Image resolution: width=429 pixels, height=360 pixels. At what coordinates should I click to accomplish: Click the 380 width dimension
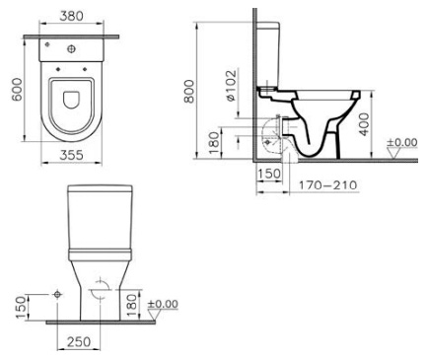72,16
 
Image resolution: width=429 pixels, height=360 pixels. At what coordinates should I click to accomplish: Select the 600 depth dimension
17,90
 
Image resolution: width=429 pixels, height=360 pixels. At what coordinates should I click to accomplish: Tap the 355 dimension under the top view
71,155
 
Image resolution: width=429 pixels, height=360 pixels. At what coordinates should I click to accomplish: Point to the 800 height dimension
189,91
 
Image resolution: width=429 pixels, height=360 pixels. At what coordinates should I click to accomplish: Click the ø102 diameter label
231,86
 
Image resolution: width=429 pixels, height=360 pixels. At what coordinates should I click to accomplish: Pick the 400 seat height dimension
364,124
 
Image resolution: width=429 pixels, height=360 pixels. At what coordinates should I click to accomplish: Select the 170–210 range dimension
327,185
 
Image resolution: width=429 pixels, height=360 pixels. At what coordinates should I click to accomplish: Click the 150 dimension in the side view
269,174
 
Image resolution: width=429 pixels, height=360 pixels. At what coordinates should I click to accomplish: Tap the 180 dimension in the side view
214,143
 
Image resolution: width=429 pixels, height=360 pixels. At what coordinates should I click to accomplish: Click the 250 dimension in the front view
79,342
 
